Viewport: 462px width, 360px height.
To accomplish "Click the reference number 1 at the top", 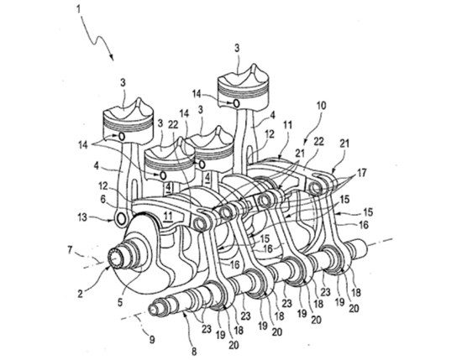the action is (x=78, y=9).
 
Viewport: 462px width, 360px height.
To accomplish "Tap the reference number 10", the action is (x=322, y=106).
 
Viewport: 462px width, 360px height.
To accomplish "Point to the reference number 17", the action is (x=361, y=173).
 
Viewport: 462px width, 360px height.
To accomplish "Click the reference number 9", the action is (x=152, y=340).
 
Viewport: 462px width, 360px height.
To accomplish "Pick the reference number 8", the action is (x=194, y=351).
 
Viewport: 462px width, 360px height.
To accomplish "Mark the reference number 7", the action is (x=70, y=251).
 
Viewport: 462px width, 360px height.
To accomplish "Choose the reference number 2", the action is (x=80, y=294).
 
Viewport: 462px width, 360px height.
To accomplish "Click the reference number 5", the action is (x=120, y=302).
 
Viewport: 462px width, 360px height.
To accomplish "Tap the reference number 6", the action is (x=102, y=199).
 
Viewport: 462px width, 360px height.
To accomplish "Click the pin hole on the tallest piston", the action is (x=236, y=103).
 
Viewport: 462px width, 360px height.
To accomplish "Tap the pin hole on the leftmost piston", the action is (x=122, y=136).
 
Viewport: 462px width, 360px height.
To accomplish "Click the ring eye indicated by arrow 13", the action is (x=121, y=219).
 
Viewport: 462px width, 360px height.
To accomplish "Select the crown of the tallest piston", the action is (x=243, y=77).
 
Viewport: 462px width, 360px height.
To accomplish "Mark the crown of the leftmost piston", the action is (x=128, y=111).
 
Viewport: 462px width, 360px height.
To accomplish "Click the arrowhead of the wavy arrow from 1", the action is (x=112, y=57).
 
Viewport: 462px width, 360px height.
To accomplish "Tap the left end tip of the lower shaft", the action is (x=150, y=308).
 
